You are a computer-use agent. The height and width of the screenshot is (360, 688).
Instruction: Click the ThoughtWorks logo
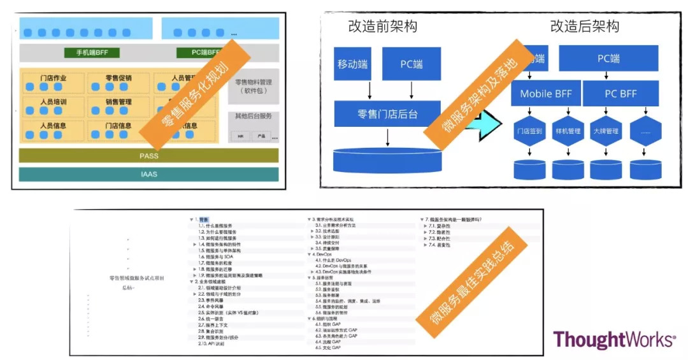pos(614,340)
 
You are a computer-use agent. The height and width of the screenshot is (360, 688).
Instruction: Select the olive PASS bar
pos(148,155)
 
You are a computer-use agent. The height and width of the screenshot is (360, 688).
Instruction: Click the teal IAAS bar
pos(148,174)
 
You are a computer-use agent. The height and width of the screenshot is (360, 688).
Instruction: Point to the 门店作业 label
pos(54,78)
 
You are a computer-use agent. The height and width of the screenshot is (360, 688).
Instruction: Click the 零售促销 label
pos(118,78)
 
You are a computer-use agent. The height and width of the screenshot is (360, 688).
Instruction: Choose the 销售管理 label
pos(118,102)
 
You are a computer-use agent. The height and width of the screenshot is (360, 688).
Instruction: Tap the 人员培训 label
pos(54,102)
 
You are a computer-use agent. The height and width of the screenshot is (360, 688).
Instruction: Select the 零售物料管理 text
pos(254,82)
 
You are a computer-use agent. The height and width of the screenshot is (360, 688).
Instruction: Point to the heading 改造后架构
pos(584,26)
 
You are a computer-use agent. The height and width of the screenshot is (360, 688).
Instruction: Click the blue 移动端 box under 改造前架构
pos(354,64)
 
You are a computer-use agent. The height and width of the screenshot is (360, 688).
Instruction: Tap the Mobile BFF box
pos(546,94)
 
